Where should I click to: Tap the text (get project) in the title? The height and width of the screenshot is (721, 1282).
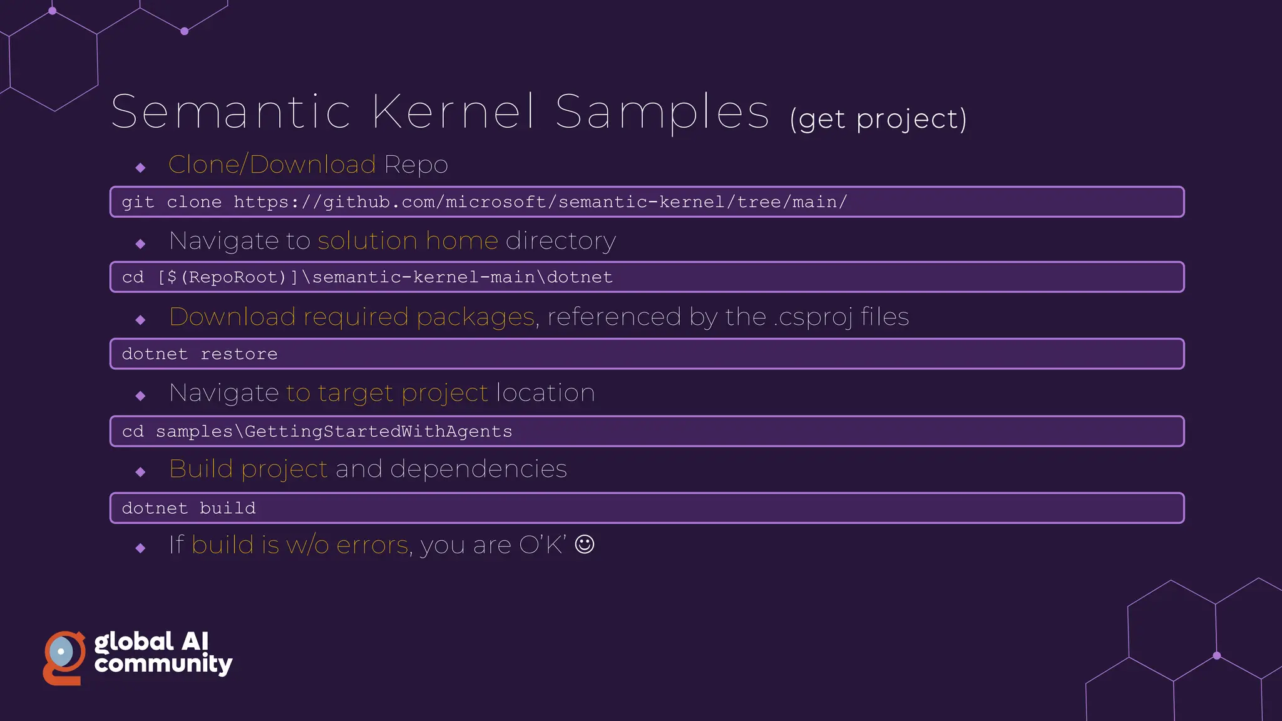(878, 119)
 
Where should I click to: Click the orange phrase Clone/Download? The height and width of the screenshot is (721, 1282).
(272, 165)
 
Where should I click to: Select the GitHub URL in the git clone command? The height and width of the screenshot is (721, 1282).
(540, 202)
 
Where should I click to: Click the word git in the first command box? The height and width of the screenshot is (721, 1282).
(138, 202)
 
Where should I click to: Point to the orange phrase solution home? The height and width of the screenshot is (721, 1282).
(408, 241)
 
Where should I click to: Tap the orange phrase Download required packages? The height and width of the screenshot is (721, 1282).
(352, 317)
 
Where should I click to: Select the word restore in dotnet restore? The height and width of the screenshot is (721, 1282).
(238, 354)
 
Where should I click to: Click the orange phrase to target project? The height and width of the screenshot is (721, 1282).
(387, 393)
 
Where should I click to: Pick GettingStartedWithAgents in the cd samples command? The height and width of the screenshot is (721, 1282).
(378, 432)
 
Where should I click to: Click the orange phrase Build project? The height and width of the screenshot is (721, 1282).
(249, 469)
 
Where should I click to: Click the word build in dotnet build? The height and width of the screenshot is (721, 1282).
(228, 508)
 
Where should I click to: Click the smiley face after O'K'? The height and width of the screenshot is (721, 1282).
(584, 545)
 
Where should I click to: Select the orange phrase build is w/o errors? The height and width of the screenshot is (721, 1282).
(300, 545)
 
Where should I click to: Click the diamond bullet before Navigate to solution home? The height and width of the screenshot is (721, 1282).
(140, 243)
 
